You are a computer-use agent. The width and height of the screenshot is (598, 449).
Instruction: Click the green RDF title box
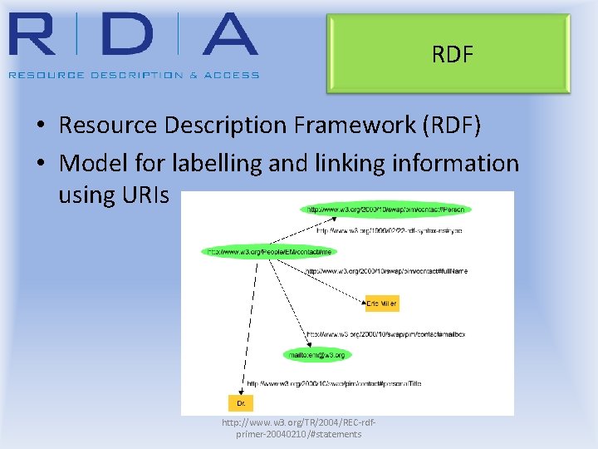(x=448, y=55)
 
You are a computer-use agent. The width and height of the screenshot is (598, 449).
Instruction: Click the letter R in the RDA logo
(x=38, y=34)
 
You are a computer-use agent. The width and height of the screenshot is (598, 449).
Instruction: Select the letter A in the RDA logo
(x=220, y=34)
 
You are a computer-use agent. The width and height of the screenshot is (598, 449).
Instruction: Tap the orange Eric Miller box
(x=382, y=304)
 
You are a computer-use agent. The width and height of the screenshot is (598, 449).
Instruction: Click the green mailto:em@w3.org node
(x=316, y=354)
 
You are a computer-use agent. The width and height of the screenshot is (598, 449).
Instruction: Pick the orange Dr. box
(x=241, y=402)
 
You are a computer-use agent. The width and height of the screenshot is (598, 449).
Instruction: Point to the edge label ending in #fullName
(x=386, y=271)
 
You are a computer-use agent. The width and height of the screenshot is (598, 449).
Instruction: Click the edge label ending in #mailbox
(x=385, y=334)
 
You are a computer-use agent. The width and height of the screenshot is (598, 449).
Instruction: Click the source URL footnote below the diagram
(x=299, y=428)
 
